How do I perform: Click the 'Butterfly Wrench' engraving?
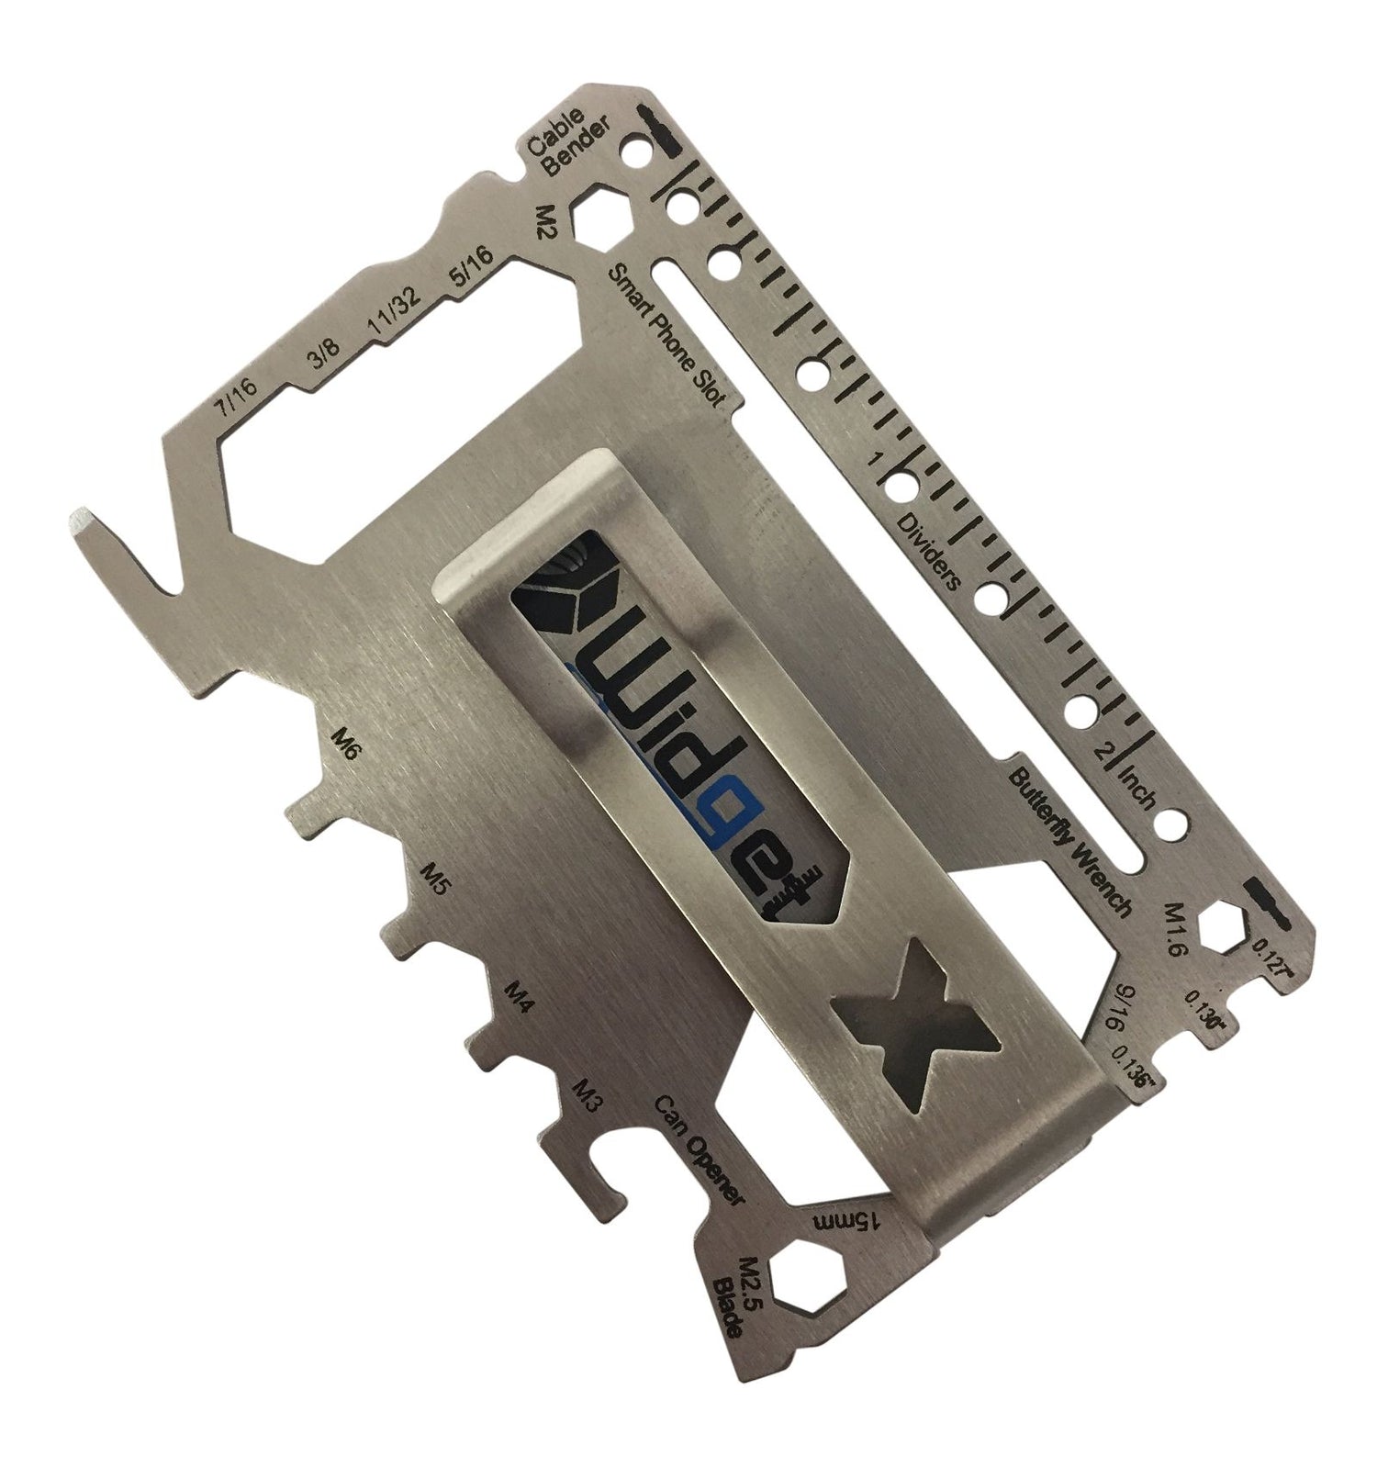point(1070,837)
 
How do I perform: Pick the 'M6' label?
point(347,740)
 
